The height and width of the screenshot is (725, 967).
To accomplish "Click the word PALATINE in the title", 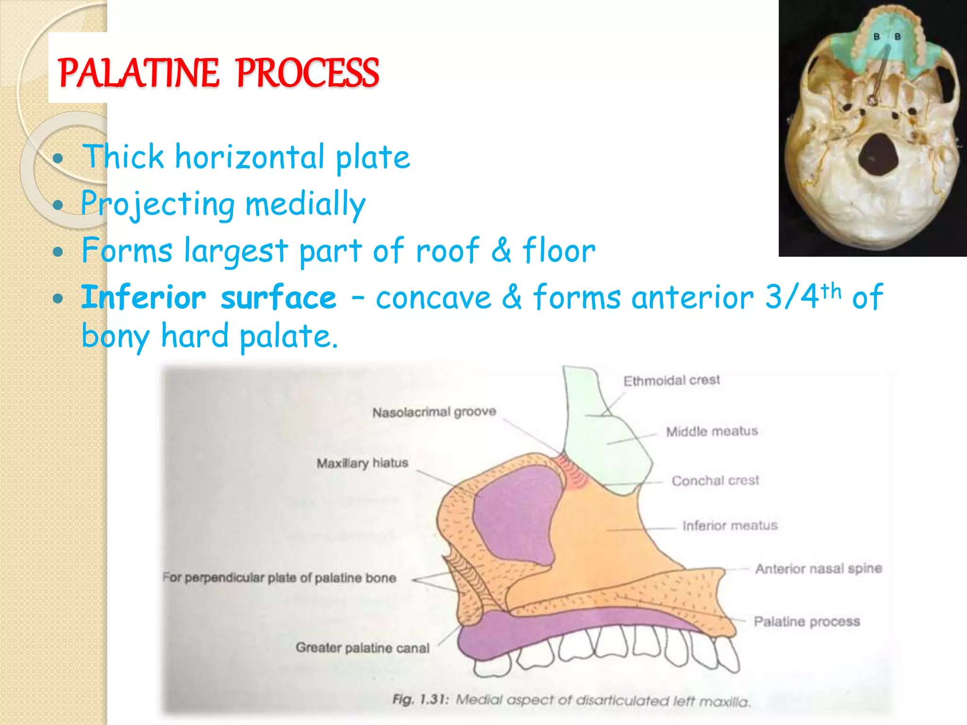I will click(x=138, y=73).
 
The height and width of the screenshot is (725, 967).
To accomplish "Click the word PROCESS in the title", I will click(x=307, y=73).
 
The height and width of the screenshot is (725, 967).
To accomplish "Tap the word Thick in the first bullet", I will click(x=123, y=157).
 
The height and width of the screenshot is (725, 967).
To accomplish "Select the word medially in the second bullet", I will click(x=305, y=204).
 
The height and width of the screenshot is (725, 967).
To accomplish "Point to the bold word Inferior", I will click(x=144, y=298).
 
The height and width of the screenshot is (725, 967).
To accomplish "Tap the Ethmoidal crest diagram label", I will click(x=671, y=380).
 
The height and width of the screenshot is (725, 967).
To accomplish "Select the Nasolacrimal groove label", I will click(x=434, y=412).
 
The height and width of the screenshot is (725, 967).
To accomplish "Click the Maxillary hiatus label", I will click(x=362, y=463).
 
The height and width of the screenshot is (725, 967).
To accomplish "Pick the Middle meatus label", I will click(x=712, y=431).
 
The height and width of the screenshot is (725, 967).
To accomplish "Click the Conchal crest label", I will click(x=715, y=481).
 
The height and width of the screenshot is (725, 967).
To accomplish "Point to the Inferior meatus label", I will click(x=729, y=525).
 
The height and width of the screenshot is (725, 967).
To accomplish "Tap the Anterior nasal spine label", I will click(x=818, y=569).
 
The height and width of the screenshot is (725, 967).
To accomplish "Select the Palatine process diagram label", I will click(x=806, y=622).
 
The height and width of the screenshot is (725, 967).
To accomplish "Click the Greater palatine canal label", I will click(x=362, y=648).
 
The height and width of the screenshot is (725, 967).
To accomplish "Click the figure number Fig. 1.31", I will click(x=421, y=700).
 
